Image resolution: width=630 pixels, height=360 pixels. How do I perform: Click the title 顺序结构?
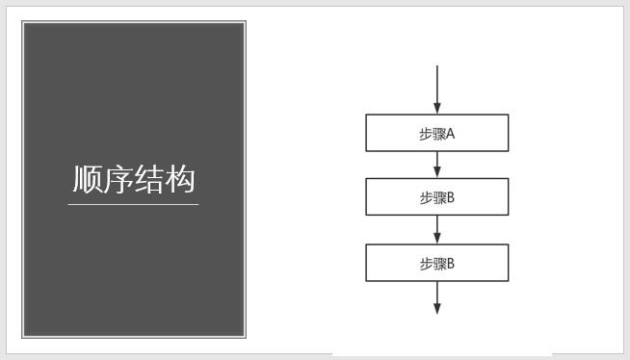pyautogui.click(x=134, y=179)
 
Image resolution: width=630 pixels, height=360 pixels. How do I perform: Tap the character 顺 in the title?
pyautogui.click(x=88, y=179)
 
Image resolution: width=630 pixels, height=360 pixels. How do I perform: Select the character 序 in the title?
pyautogui.click(x=118, y=179)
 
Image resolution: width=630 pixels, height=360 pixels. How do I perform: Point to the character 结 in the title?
pyautogui.click(x=149, y=179)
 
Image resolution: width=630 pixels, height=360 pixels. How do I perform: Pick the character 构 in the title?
pyautogui.click(x=180, y=179)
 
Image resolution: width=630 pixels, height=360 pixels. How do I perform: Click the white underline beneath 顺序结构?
pyautogui.click(x=134, y=204)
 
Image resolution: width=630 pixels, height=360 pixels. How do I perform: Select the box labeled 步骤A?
pyautogui.click(x=436, y=134)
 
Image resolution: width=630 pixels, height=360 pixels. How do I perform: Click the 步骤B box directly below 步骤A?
pyautogui.click(x=436, y=197)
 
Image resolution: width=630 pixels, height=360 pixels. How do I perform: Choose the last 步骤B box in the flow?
pyautogui.click(x=436, y=263)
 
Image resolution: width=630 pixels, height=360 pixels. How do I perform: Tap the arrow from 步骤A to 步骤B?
pyautogui.click(x=437, y=164)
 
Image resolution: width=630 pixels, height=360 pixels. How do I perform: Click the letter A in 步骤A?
pyautogui.click(x=450, y=134)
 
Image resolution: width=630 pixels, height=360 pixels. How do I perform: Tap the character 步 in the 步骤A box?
pyautogui.click(x=426, y=134)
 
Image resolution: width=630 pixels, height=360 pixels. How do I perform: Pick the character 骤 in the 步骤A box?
pyautogui.click(x=438, y=134)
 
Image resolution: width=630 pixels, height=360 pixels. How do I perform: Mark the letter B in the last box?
pyautogui.click(x=450, y=263)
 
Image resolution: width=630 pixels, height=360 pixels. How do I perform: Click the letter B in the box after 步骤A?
pyautogui.click(x=450, y=197)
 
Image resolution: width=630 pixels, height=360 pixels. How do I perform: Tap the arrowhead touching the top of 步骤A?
pyautogui.click(x=437, y=109)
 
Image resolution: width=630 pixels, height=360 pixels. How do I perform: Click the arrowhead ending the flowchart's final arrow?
pyautogui.click(x=437, y=308)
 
